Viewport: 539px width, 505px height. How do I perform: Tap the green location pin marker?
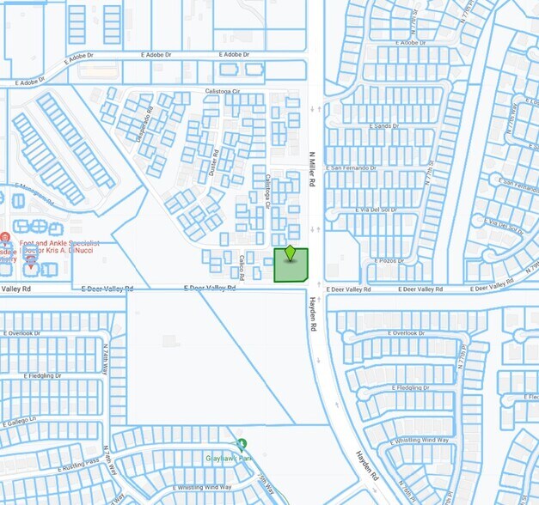click(x=291, y=252)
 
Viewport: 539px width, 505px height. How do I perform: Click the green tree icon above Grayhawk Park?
click(x=242, y=444)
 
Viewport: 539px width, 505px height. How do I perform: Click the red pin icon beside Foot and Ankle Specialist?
click(x=5, y=237)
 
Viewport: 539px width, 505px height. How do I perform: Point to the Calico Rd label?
click(x=242, y=267)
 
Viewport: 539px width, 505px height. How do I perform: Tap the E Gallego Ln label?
click(x=18, y=420)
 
